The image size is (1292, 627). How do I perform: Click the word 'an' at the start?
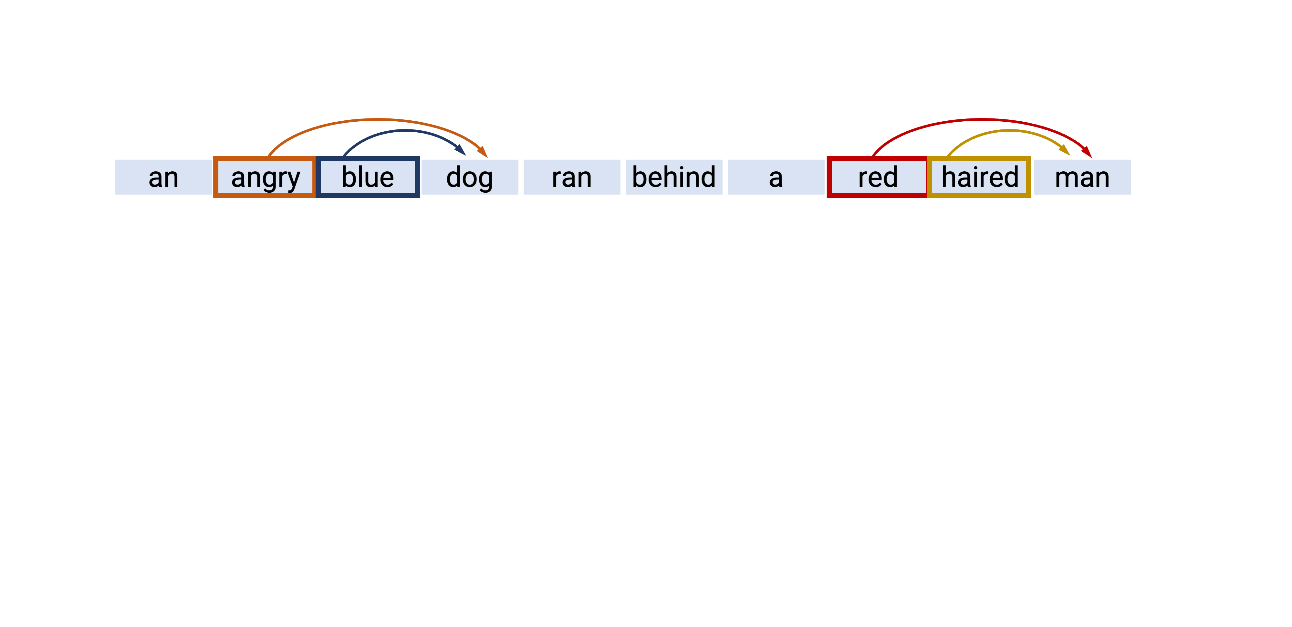tap(163, 177)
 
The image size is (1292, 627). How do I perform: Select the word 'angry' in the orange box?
tap(265, 177)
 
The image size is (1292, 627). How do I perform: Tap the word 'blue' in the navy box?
tap(368, 177)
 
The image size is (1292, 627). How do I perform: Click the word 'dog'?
tap(469, 177)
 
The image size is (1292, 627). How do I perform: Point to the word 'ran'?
tap(571, 177)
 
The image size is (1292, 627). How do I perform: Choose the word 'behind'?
tap(673, 177)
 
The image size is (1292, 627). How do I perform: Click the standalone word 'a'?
tap(776, 177)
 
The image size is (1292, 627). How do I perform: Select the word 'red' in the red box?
tap(877, 177)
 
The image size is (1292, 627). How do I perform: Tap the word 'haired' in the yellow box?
tap(980, 177)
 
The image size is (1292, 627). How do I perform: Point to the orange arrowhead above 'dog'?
tap(483, 152)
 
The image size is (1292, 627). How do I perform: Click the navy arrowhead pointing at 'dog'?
tap(461, 150)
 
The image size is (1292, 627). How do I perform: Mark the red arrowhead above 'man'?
tap(1087, 152)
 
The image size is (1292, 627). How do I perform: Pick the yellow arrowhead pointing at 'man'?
tap(1065, 150)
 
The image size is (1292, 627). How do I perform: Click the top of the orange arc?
tap(377, 119)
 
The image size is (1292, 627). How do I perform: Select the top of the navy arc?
tap(404, 130)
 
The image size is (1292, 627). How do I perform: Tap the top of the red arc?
tap(982, 119)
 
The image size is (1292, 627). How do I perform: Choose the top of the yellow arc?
tap(1009, 130)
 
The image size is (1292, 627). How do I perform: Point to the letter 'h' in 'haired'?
tap(948, 177)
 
